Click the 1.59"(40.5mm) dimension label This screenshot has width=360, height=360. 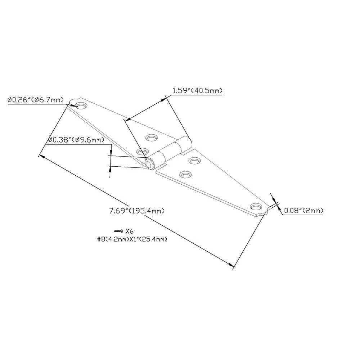(197, 91)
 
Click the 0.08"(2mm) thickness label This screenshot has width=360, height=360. (303, 211)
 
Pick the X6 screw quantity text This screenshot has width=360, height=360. (129, 231)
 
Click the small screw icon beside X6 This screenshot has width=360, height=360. (118, 231)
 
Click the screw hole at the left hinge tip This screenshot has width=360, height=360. (82, 106)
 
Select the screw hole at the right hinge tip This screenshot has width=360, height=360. (256, 207)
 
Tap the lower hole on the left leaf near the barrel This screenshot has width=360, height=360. (142, 151)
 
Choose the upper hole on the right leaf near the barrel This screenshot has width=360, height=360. (195, 161)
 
